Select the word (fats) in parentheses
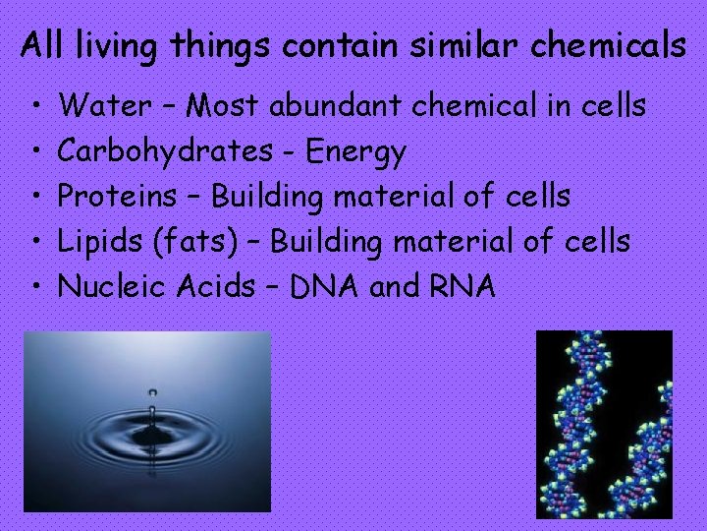pyautogui.click(x=201, y=241)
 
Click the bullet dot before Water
pyautogui.click(x=34, y=105)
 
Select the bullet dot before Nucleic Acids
pyautogui.click(x=34, y=287)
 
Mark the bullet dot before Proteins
pyautogui.click(x=34, y=197)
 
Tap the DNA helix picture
pyautogui.click(x=604, y=423)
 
